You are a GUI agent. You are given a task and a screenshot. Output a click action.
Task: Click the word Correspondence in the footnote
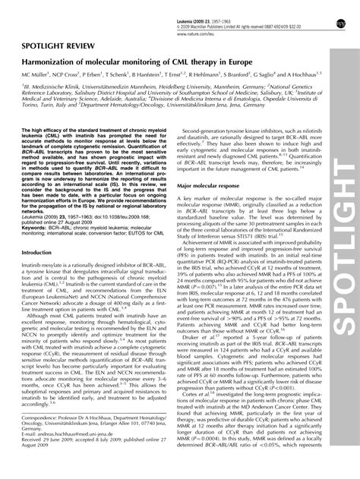[x=42, y=440]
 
